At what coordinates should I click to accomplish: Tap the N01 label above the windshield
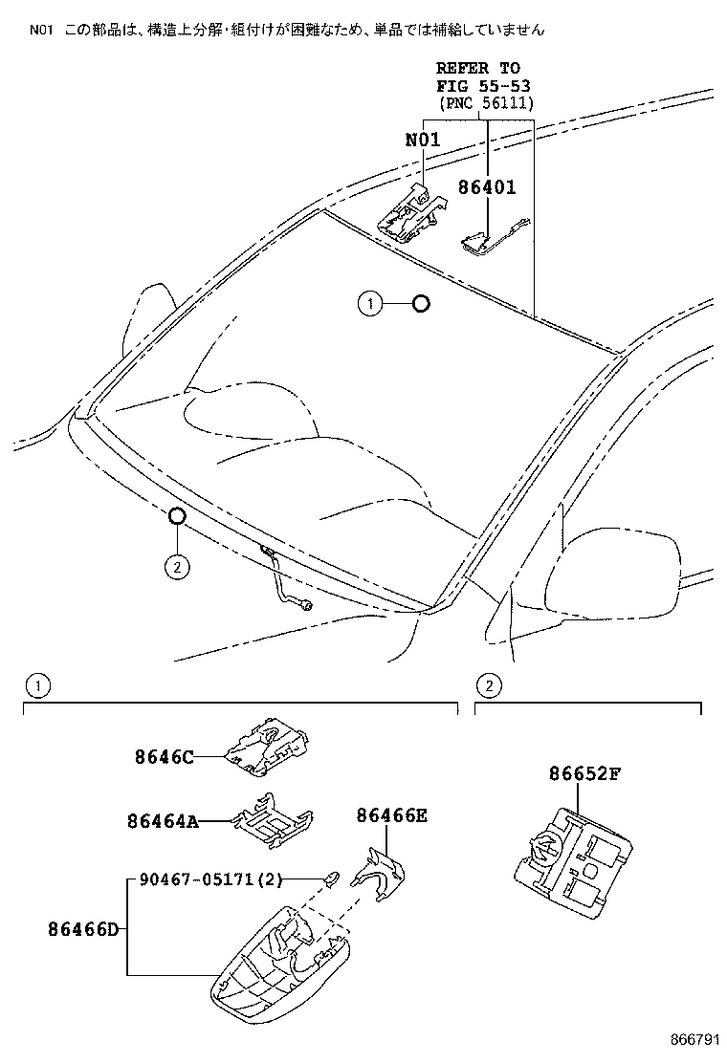[422, 140]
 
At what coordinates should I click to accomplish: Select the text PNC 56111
[486, 103]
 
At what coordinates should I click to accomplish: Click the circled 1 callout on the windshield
[369, 304]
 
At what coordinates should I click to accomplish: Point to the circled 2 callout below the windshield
[176, 567]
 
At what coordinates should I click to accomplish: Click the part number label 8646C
[164, 757]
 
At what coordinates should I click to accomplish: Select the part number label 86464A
[163, 820]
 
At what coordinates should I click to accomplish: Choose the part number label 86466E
[392, 815]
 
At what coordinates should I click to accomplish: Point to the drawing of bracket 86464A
[275, 817]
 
